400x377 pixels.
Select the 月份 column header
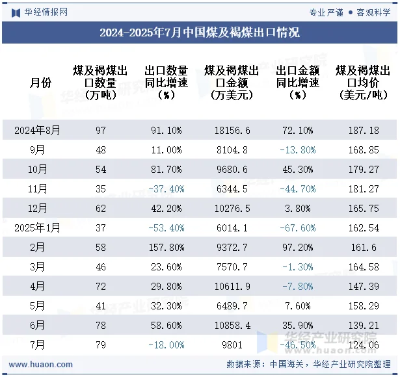40,83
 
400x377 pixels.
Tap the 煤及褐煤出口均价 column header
363,83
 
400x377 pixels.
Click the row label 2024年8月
38,131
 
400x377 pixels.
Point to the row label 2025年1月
38,228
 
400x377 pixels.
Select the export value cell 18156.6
232,131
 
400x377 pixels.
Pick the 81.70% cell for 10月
166,170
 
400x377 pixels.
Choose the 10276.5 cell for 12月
232,209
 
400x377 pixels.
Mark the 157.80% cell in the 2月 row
166,248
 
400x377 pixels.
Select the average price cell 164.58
363,267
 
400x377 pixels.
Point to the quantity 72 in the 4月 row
100,287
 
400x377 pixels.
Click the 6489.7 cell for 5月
232,306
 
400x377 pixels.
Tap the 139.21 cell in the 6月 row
363,326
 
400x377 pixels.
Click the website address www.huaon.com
36,365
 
